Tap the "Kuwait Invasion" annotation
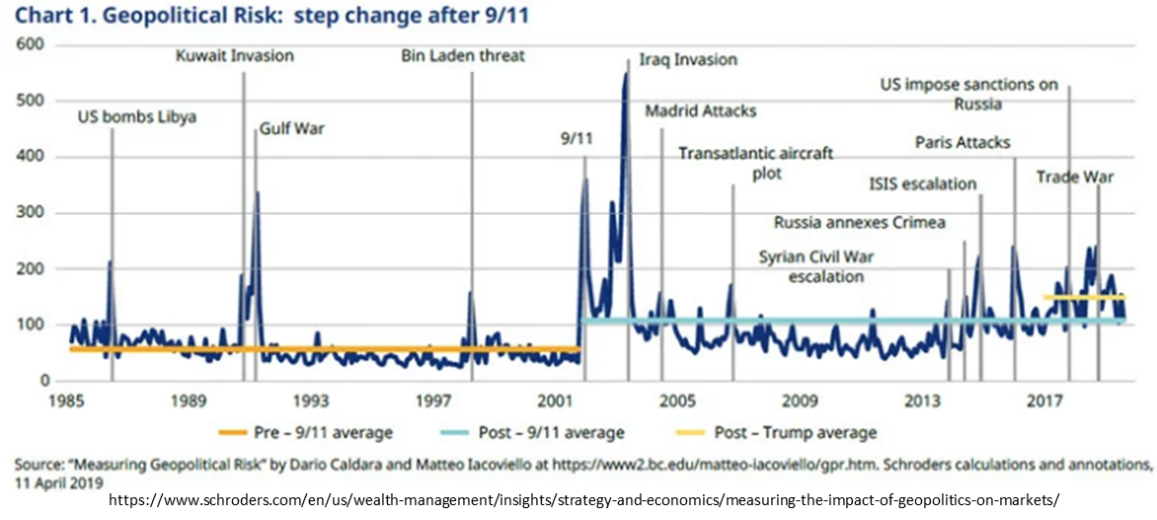(x=234, y=55)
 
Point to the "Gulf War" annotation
(x=292, y=129)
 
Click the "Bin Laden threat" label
(x=463, y=55)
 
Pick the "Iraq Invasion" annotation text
(x=688, y=59)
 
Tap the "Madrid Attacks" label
(x=700, y=111)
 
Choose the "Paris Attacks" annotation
(x=963, y=143)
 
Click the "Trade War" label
(x=1075, y=178)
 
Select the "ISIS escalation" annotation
(x=922, y=184)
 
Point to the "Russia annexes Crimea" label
(x=859, y=222)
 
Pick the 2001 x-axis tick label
(x=555, y=402)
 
